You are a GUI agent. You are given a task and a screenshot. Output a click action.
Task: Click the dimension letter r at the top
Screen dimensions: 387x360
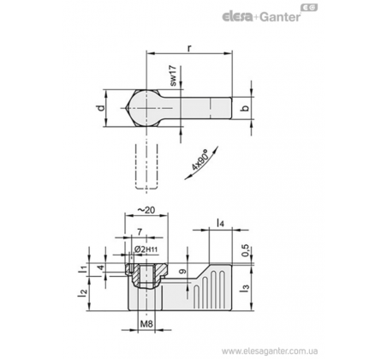[189, 48]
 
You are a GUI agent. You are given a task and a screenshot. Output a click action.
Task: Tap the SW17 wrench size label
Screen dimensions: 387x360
[173, 75]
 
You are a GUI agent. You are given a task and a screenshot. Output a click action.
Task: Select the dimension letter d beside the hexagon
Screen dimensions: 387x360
[100, 108]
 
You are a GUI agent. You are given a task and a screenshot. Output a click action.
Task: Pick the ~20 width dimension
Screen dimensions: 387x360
[146, 210]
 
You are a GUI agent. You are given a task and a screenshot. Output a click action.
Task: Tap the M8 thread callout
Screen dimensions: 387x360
[146, 324]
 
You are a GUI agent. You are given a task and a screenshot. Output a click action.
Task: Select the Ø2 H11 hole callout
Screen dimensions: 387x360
[146, 249]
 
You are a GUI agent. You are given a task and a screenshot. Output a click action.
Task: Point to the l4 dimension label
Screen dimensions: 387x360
[220, 223]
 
